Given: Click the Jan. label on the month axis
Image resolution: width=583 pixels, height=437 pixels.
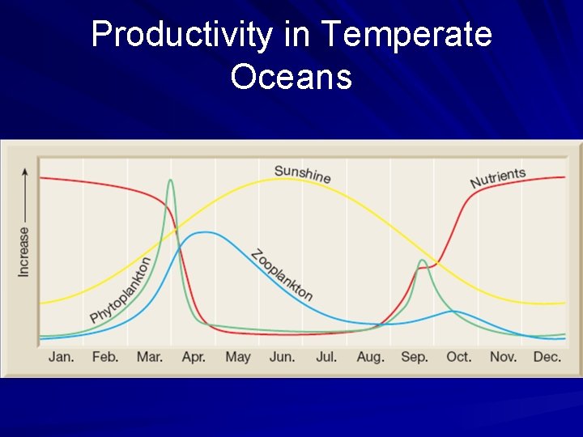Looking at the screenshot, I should click(62, 357).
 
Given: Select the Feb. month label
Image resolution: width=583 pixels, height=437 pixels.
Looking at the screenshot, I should click(105, 357).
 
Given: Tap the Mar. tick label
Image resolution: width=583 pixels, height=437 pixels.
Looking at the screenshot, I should click(150, 357).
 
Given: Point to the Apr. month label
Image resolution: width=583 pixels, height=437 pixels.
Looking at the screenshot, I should click(194, 357).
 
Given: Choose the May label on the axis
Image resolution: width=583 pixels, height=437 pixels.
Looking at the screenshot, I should click(237, 357).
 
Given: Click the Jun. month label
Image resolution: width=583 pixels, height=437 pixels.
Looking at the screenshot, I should click(282, 357).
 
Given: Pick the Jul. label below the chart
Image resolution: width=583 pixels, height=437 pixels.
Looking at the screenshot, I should click(326, 357).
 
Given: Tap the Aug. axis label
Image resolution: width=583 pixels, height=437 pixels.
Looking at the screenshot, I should click(370, 357).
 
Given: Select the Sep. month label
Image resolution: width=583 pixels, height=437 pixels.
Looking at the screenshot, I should click(415, 357).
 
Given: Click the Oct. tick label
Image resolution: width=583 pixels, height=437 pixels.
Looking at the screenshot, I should click(458, 357).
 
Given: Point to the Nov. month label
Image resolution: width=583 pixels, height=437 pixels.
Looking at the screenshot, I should click(503, 357).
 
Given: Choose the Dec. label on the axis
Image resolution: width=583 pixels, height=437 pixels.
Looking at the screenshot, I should click(547, 357).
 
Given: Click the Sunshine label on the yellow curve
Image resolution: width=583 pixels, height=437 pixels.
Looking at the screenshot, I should click(302, 173).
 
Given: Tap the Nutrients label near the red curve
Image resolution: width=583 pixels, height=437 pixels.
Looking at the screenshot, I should click(498, 178).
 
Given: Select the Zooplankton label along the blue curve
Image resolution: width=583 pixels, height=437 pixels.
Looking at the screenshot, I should click(282, 275).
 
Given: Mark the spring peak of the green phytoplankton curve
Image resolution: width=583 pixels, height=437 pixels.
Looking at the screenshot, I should click(170, 180).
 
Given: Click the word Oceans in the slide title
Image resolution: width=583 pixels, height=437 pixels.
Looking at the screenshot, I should click(291, 78).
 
